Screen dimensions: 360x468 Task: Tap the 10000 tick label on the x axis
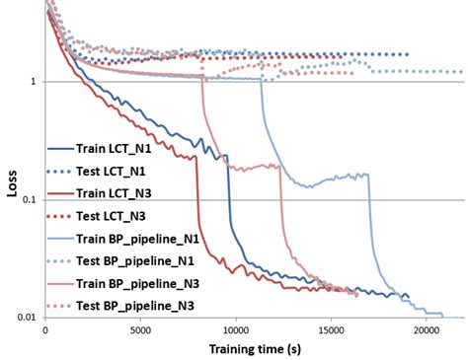click(235, 330)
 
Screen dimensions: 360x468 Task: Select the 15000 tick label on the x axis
click(331, 330)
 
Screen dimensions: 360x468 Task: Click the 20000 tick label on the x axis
click(426, 330)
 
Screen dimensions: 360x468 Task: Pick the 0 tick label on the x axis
click(45, 330)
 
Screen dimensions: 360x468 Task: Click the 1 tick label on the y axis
click(34, 82)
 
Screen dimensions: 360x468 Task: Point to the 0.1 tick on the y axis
click(29, 200)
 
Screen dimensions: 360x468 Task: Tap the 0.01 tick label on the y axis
click(27, 318)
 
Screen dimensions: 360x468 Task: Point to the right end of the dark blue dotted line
click(407, 55)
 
